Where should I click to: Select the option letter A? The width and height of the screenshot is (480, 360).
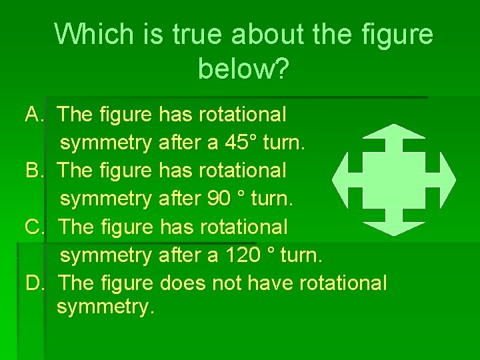pos(33,115)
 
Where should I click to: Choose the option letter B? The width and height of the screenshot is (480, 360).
pos(33,171)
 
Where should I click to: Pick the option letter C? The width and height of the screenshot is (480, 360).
pos(33,227)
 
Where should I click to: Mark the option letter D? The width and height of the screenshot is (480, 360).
pos(34,283)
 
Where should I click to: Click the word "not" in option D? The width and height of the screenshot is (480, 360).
pos(227,283)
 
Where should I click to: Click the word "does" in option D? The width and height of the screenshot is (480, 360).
pos(183,283)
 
